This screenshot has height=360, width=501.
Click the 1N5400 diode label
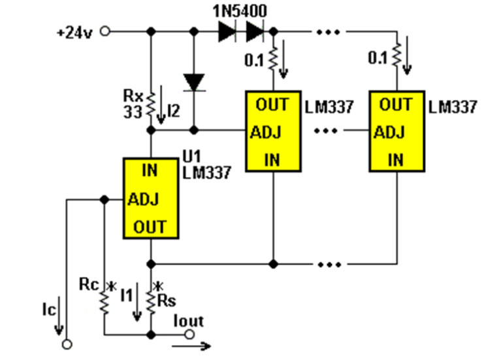pos(240,12)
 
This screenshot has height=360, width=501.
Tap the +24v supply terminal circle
pos(105,31)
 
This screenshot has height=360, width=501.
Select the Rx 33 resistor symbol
pos(151,104)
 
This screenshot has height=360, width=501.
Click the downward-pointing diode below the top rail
pos(194,82)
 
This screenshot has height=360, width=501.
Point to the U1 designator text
pos(191,157)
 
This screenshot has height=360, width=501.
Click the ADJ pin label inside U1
pos(143,200)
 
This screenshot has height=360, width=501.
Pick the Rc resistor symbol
pos(104,301)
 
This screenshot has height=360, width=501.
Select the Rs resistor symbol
pos(151,302)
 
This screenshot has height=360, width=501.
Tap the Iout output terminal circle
pos(189,335)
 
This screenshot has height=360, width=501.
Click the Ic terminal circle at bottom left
pos(67,344)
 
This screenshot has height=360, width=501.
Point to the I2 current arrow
pos(161,105)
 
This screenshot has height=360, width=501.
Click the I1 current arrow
pos(137,302)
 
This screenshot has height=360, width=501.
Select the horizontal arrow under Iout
pos(191,346)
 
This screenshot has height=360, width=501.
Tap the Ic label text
pos(49,310)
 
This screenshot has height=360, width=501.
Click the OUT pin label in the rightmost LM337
pos(396,105)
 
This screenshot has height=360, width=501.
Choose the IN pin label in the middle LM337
pos(272,160)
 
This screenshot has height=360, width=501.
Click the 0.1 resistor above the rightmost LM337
pos(396,55)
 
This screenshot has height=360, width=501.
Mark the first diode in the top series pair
pos(227,31)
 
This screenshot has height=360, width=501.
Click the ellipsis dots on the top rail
pos(328,31)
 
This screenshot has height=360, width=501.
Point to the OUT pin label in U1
pos(150,227)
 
